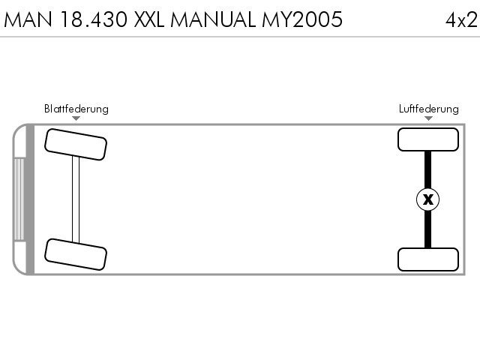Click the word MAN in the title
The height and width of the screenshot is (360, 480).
pyautogui.click(x=28, y=19)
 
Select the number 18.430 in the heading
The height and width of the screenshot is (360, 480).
pyautogui.click(x=94, y=19)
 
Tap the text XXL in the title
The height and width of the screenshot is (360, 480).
pyautogui.click(x=149, y=19)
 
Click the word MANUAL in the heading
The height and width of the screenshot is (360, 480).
pyautogui.click(x=213, y=19)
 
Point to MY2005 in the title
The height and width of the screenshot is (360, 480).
pyautogui.click(x=302, y=19)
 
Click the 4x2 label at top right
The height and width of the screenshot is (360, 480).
pyautogui.click(x=461, y=20)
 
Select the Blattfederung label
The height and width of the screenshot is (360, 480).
pyautogui.click(x=76, y=109)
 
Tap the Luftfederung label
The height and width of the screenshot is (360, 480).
pyautogui.click(x=428, y=109)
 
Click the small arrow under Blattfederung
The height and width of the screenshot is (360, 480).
pyautogui.click(x=76, y=118)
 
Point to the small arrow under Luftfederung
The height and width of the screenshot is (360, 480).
pyautogui.click(x=428, y=118)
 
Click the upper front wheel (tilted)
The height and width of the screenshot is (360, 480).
pyautogui.click(x=76, y=145)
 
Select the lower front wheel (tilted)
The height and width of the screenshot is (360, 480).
pyautogui.click(x=76, y=254)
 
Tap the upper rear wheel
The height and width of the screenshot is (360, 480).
pyautogui.click(x=428, y=139)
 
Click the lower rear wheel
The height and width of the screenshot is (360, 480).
pyautogui.click(x=428, y=259)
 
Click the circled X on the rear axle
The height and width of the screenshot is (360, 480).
pyautogui.click(x=428, y=199)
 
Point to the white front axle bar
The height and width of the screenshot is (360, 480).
pyautogui.click(x=76, y=199)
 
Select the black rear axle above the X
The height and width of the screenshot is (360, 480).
pyautogui.click(x=427, y=169)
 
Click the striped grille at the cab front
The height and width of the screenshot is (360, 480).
pyautogui.click(x=19, y=199)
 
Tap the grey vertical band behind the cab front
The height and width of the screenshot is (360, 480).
pyautogui.click(x=30, y=199)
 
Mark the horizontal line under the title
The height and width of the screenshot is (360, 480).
pyautogui.click(x=240, y=37)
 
